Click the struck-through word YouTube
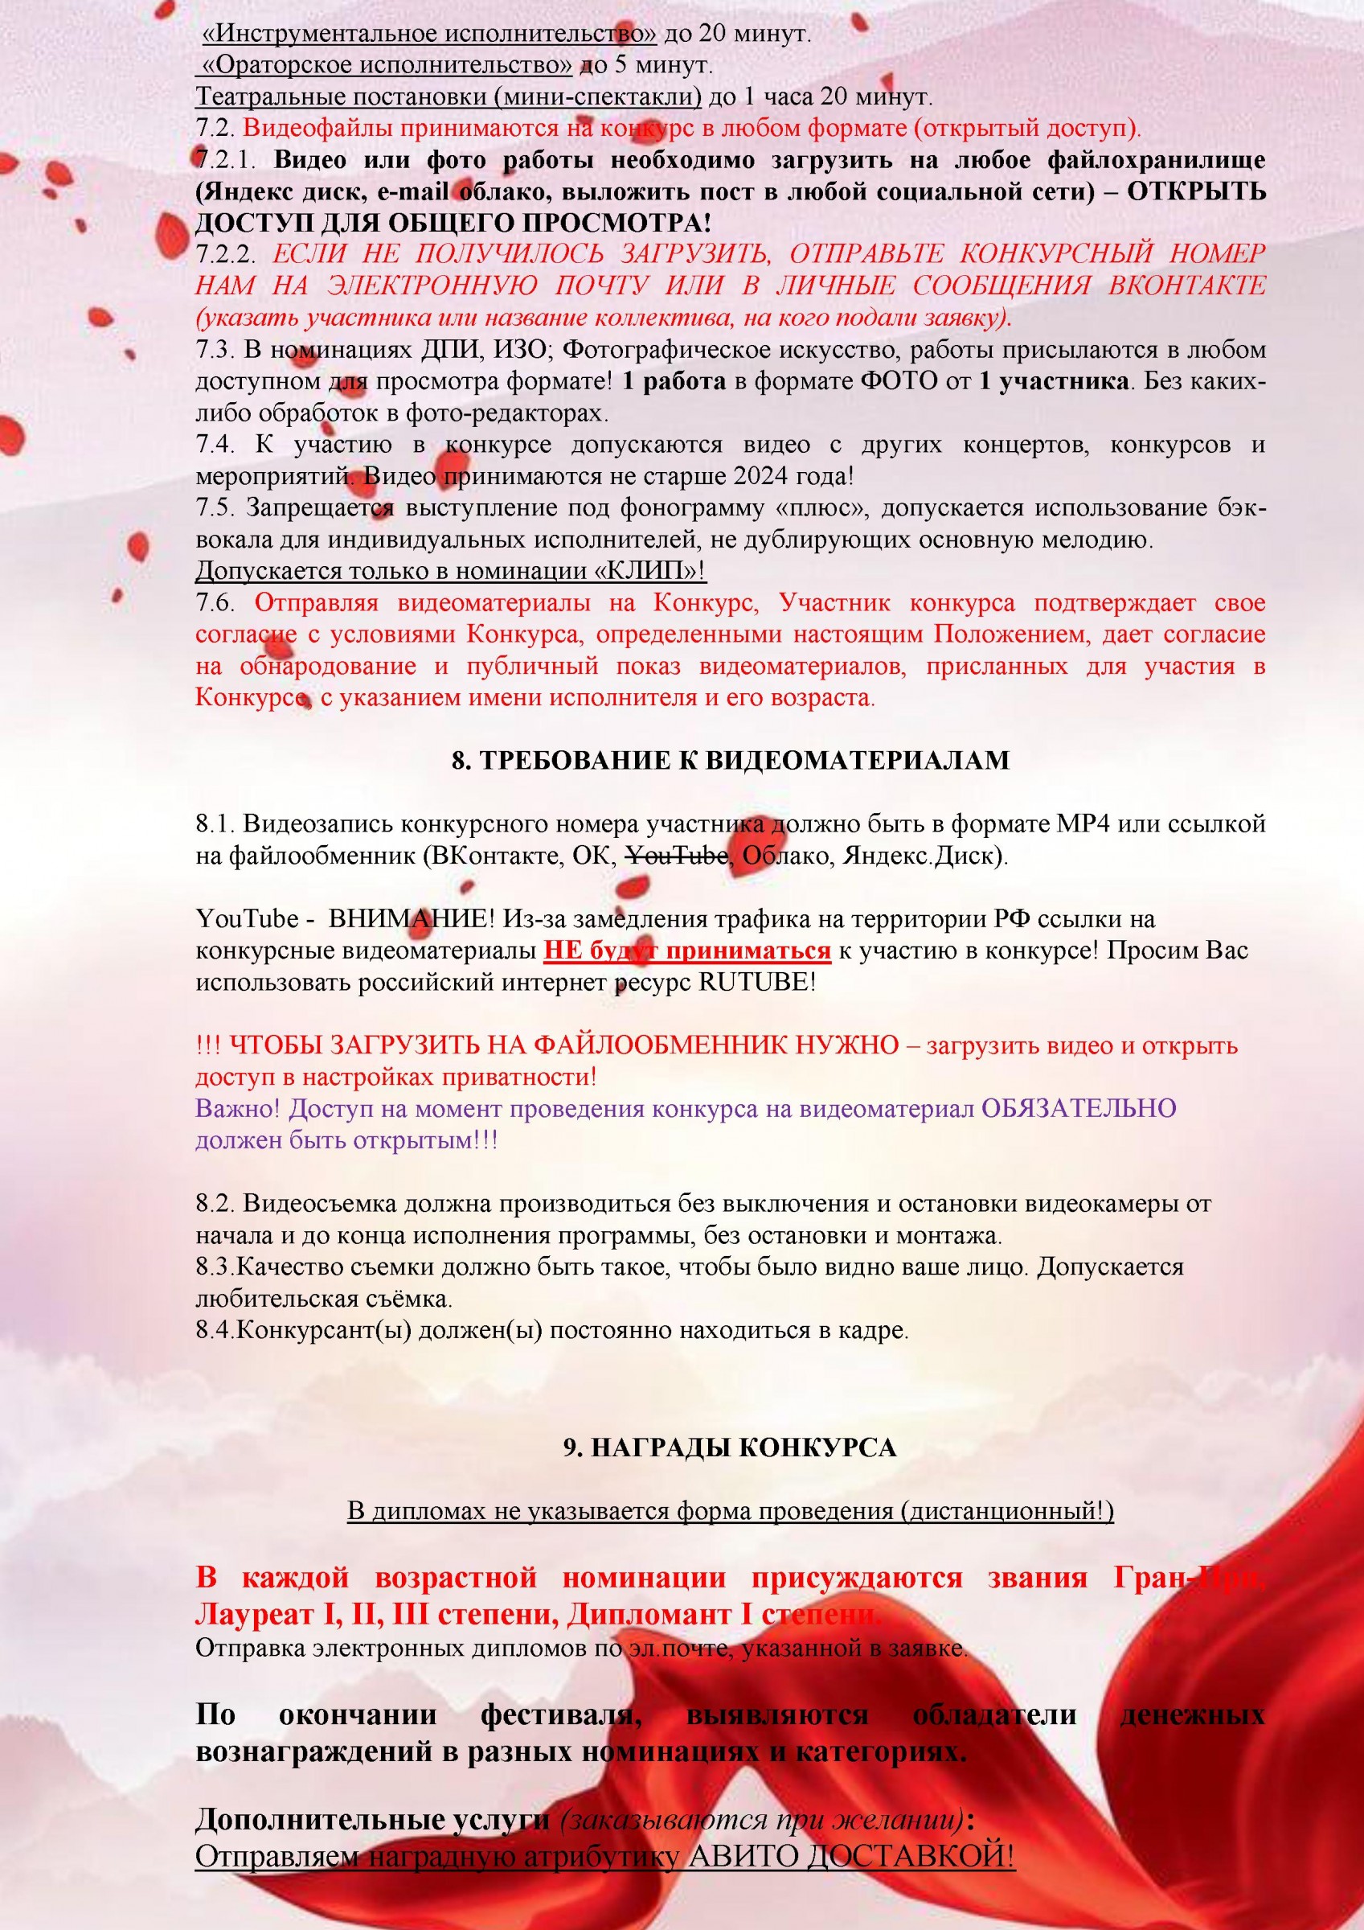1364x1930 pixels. click(678, 856)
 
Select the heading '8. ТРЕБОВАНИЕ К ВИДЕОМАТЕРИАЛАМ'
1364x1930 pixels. click(730, 760)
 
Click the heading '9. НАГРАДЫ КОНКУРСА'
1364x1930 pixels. click(730, 1447)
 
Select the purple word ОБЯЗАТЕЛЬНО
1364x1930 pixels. click(1079, 1108)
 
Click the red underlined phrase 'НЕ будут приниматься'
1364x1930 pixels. click(686, 951)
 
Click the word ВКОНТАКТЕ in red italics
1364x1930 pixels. click(1186, 285)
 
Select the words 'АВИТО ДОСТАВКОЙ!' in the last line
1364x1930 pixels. click(851, 1854)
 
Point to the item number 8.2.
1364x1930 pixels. click(215, 1204)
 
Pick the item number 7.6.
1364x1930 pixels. click(215, 602)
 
